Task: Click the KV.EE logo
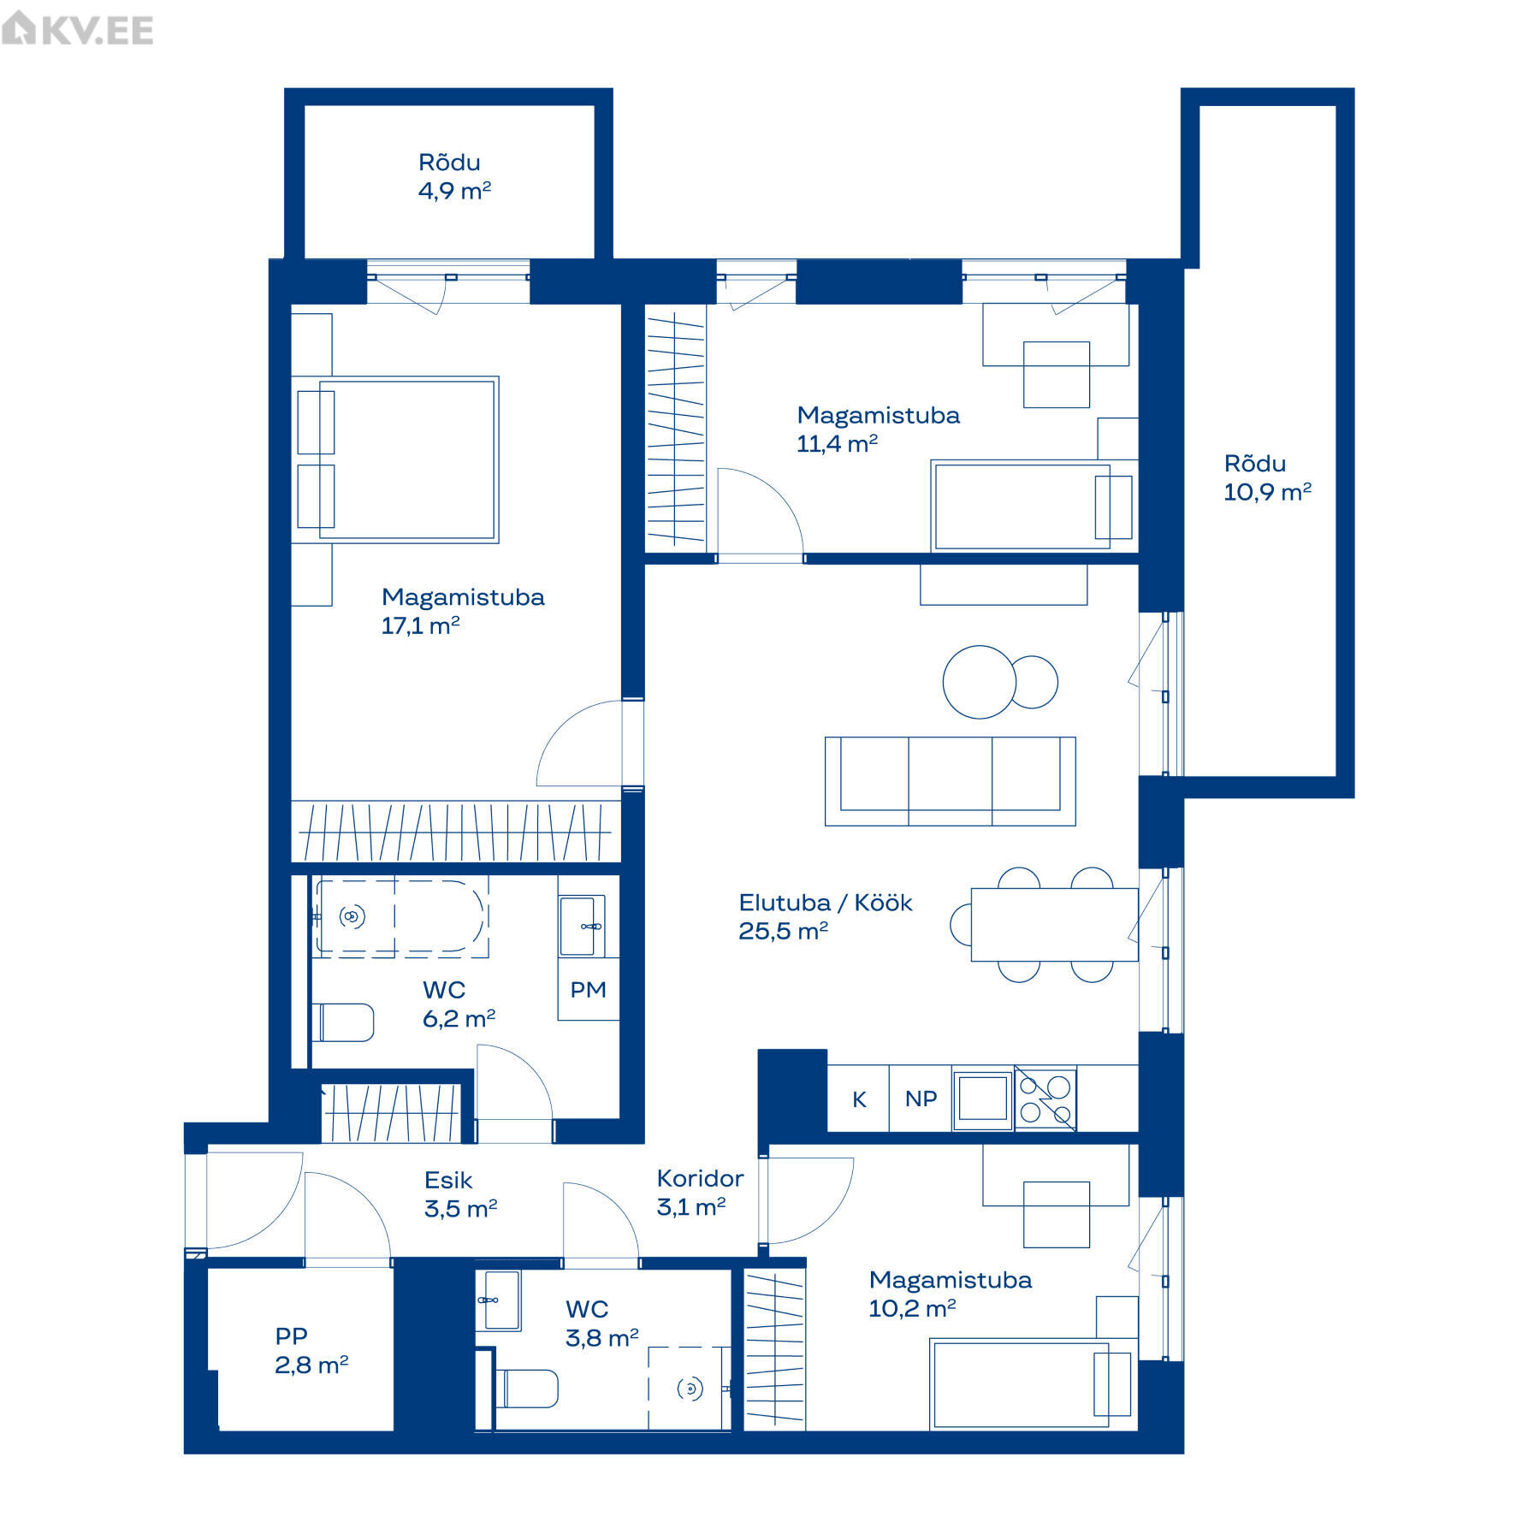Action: (78, 30)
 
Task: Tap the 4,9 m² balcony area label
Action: (454, 191)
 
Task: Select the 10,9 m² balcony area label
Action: (1267, 492)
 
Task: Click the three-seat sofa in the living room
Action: (950, 781)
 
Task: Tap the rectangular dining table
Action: (1054, 924)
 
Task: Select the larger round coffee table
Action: (980, 682)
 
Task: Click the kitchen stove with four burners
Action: (1045, 1099)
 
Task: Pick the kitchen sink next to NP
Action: (983, 1099)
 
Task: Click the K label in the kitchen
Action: (859, 1099)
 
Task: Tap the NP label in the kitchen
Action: (921, 1099)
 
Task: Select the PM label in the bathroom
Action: (588, 990)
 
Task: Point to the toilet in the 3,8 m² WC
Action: (527, 1389)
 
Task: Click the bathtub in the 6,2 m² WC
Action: (400, 915)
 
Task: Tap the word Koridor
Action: (700, 1178)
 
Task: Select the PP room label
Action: (292, 1336)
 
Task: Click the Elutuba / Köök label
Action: (826, 903)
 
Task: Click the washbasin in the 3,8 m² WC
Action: (498, 1300)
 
